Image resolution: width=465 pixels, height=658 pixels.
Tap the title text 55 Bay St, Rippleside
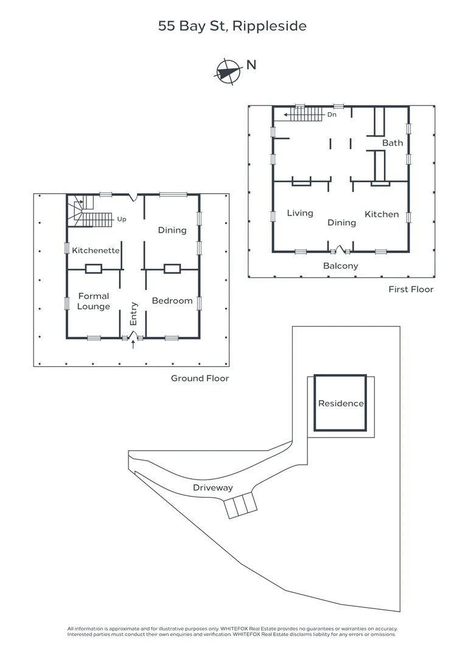click(x=232, y=26)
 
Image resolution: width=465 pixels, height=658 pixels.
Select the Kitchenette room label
click(x=96, y=250)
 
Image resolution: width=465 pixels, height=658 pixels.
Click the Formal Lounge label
click(x=94, y=301)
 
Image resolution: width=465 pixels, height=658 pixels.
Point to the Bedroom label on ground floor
click(x=172, y=300)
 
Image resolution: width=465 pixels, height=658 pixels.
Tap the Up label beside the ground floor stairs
click(x=122, y=219)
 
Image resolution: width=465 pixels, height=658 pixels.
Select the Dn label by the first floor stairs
click(x=332, y=114)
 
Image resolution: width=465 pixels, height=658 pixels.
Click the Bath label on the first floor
click(x=393, y=143)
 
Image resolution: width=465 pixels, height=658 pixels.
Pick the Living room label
click(x=300, y=213)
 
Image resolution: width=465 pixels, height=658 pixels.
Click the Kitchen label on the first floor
click(x=382, y=214)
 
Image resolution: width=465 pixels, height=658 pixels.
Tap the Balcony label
click(x=341, y=266)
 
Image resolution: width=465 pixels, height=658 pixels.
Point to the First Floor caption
click(x=411, y=289)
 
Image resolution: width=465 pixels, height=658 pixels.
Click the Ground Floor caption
click(x=200, y=378)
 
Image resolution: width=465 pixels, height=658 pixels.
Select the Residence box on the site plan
click(x=341, y=403)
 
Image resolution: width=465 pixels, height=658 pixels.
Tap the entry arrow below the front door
click(x=134, y=345)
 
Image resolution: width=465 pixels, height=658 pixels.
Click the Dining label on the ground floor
click(x=172, y=230)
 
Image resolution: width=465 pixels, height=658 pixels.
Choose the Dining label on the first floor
click(x=341, y=222)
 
